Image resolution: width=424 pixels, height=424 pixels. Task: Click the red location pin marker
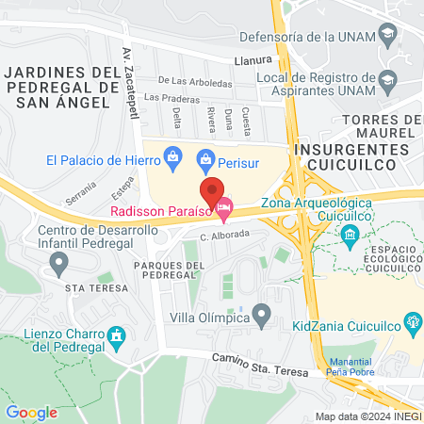click(x=213, y=188)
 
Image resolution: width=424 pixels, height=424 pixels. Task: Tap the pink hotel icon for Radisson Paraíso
click(x=224, y=204)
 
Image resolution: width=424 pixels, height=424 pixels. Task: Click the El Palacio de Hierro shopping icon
click(x=172, y=158)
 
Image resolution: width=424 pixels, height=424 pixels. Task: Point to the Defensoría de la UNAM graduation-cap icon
click(x=387, y=37)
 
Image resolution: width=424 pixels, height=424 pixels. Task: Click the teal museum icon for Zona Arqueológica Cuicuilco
click(x=351, y=233)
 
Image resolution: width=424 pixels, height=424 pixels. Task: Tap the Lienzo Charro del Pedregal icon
click(x=117, y=335)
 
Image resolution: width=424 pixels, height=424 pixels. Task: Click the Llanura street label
click(x=253, y=60)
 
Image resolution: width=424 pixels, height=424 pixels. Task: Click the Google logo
click(x=32, y=412)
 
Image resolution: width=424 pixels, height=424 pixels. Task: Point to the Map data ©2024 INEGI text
click(x=367, y=416)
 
